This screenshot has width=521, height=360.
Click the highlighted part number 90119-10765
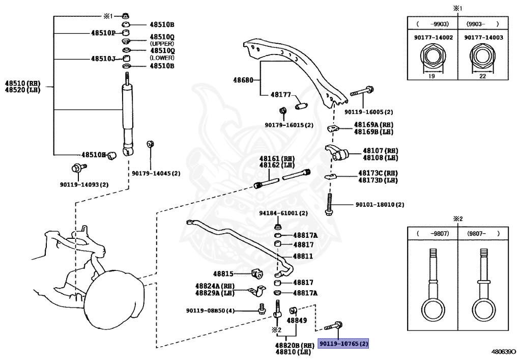pyautogui.click(x=343, y=344)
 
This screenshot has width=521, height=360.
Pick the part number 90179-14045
pyautogui.click(x=156, y=173)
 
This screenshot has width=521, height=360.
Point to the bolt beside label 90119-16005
pyautogui.click(x=362, y=94)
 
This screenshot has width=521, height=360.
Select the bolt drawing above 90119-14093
pyautogui.click(x=77, y=168)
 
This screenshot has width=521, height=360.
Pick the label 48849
pyautogui.click(x=296, y=321)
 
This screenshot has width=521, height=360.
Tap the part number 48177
pyautogui.click(x=280, y=95)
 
